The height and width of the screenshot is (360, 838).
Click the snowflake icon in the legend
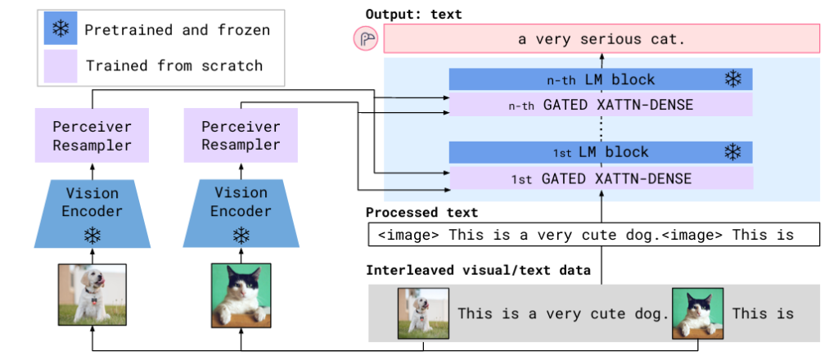pyautogui.click(x=60, y=30)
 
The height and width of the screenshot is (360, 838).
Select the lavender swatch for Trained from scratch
pyautogui.click(x=60, y=65)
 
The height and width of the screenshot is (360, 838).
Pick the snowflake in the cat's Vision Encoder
pyautogui.click(x=241, y=236)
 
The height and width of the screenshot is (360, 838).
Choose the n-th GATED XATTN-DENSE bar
pyautogui.click(x=601, y=104)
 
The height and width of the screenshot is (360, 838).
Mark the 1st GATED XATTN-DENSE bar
pyautogui.click(x=601, y=178)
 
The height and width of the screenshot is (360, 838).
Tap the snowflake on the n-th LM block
pyautogui.click(x=732, y=79)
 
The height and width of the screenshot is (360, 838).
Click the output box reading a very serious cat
pyautogui.click(x=601, y=39)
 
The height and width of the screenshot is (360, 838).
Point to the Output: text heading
pyautogui.click(x=413, y=14)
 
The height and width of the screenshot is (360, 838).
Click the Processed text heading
pyautogui.click(x=422, y=213)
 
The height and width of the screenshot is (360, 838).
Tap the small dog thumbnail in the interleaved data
pyautogui.click(x=423, y=313)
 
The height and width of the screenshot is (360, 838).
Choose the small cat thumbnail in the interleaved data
pyautogui.click(x=697, y=313)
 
